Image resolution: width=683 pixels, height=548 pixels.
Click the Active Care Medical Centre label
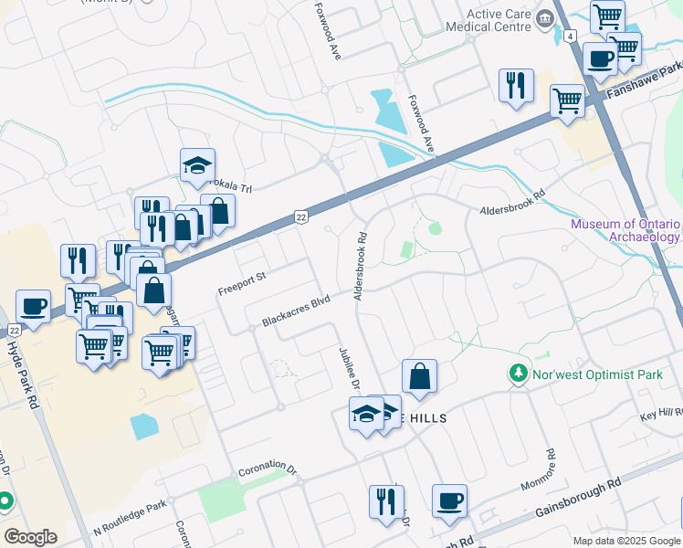498,20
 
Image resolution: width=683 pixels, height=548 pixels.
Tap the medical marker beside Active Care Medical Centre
545,18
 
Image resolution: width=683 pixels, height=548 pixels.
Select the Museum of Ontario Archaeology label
625,230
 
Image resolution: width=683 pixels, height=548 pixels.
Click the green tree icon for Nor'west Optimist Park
518,374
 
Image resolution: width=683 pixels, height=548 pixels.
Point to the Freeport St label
241,283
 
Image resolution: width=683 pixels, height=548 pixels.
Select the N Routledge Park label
130,518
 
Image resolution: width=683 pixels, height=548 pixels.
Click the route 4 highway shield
570,36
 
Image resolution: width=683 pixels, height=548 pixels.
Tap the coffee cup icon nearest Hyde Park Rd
34,306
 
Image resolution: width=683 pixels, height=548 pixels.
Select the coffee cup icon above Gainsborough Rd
449,501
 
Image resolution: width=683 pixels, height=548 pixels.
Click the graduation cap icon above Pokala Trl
197,165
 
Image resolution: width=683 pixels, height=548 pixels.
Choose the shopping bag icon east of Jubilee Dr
419,375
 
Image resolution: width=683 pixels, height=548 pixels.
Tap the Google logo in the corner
30,537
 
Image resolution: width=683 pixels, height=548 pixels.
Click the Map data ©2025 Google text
625,541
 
